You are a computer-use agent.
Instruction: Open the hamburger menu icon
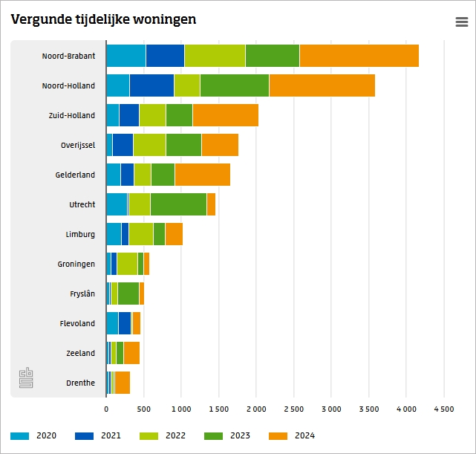(x=462, y=22)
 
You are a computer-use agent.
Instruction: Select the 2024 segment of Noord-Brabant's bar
(x=359, y=56)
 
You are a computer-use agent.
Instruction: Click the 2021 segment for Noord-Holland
(x=151, y=85)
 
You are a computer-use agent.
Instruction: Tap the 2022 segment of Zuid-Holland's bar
(x=152, y=115)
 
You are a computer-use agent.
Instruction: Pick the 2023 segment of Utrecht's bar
(x=178, y=204)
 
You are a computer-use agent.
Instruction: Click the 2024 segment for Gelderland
(x=202, y=175)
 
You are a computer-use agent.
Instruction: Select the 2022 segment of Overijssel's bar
(x=149, y=145)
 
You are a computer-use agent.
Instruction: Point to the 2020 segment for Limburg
(x=114, y=234)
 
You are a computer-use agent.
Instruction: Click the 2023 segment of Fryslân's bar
(x=128, y=294)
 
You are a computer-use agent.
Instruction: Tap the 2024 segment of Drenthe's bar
(x=123, y=383)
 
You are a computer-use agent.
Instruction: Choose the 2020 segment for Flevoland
(x=112, y=323)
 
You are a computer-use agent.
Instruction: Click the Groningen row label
(x=76, y=264)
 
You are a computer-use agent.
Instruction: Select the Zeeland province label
(x=79, y=353)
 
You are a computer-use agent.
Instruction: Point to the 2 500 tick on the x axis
(x=293, y=409)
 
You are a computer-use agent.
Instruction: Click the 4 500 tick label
(x=443, y=409)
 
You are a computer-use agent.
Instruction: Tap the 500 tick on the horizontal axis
(x=143, y=409)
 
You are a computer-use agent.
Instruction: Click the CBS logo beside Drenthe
(x=26, y=377)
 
